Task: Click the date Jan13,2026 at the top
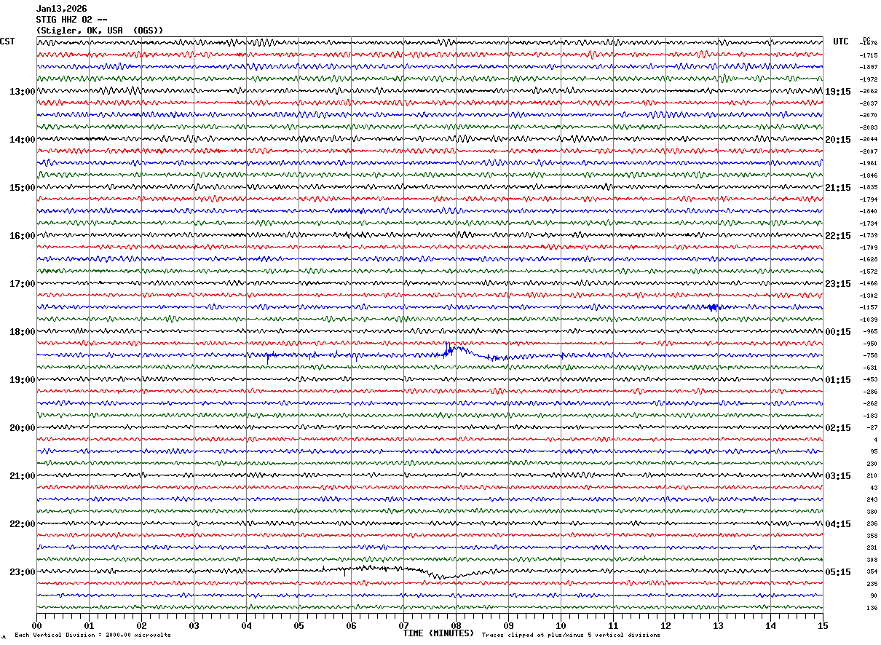tap(62, 9)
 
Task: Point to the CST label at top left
tap(7, 41)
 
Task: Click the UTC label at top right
tap(841, 41)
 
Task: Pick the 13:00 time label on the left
tap(22, 92)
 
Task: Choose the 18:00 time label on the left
tap(22, 332)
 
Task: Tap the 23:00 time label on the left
tap(22, 572)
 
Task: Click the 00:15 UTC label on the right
tap(838, 332)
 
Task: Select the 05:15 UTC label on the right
tap(838, 572)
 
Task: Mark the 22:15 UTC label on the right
tap(838, 236)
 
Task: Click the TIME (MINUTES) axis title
tap(438, 633)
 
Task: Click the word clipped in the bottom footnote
tap(518, 636)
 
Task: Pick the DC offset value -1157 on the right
tap(869, 308)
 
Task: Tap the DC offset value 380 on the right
tap(872, 512)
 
